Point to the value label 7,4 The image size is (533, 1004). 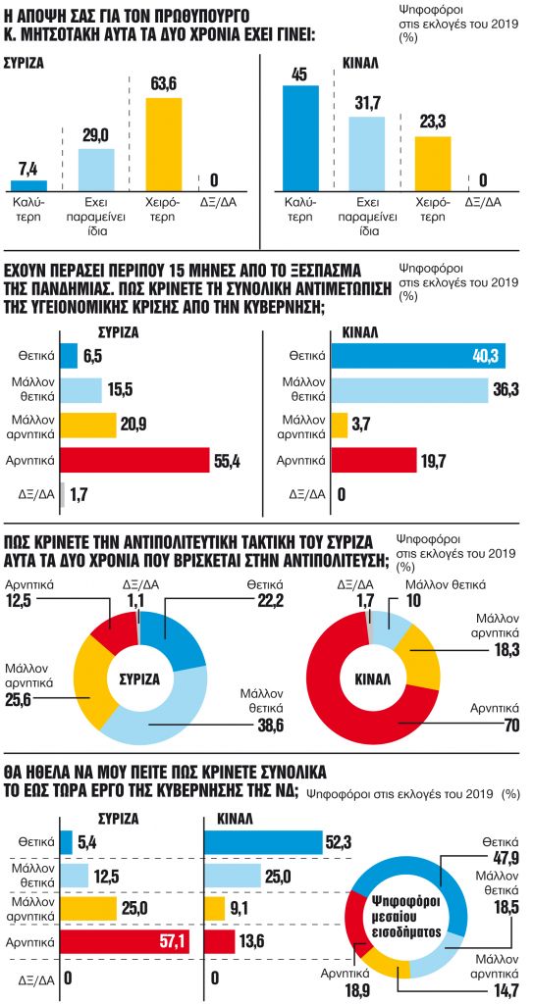(x=27, y=168)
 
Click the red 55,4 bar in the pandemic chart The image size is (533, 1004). (x=134, y=460)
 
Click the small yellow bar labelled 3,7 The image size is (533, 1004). (x=340, y=426)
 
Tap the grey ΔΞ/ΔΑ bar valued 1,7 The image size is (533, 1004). (x=63, y=495)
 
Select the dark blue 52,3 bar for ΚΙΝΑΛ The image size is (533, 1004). (x=262, y=842)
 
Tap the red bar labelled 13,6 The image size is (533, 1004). (x=219, y=942)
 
